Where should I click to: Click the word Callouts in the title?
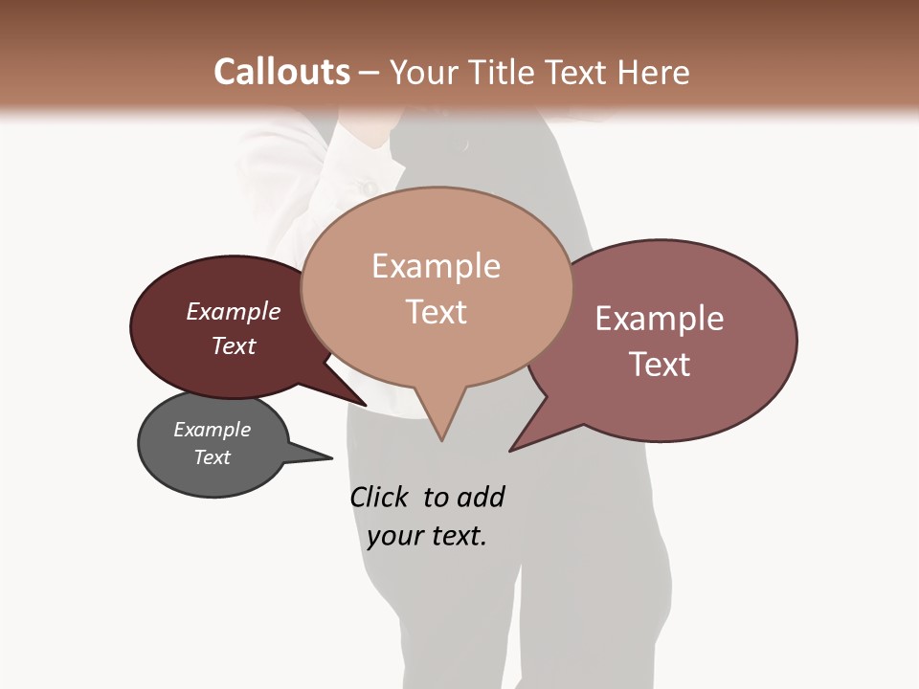pos(281,72)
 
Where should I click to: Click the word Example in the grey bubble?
pos(212,430)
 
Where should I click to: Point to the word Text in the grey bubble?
pos(212,457)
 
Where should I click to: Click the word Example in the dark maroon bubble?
pos(233,311)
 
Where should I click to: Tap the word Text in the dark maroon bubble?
pos(233,345)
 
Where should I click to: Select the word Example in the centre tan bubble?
pos(436,266)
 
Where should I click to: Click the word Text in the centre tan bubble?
pos(436,312)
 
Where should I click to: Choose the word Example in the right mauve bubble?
pos(660,319)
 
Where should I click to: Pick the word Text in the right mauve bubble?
pos(660,365)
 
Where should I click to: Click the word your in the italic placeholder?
pos(392,536)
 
